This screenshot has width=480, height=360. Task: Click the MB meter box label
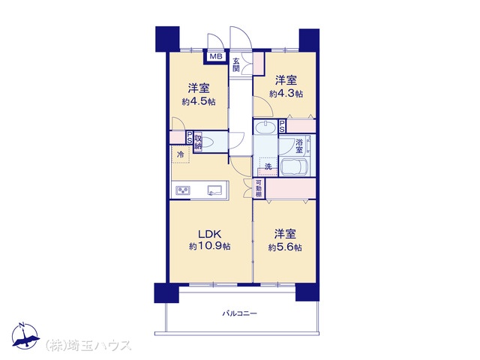(x=216, y=57)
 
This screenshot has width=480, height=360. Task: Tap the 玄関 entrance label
(x=235, y=64)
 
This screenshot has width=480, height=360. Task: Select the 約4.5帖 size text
(x=199, y=102)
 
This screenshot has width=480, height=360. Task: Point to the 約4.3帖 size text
(x=286, y=93)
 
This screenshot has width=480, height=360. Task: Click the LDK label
(x=210, y=234)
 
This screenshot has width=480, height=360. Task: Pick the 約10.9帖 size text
(x=210, y=246)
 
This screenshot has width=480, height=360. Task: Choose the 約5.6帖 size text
(x=285, y=247)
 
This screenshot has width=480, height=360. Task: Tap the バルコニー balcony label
(x=240, y=313)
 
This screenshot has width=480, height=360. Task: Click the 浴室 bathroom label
(x=299, y=146)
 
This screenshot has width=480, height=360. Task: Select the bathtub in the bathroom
(x=295, y=167)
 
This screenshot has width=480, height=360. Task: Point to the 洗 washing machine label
(x=268, y=166)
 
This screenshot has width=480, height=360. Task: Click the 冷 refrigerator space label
(x=181, y=154)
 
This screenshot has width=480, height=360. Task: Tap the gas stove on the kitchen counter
(x=183, y=190)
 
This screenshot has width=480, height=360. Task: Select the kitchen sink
(x=214, y=190)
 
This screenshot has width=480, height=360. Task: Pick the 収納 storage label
(x=198, y=142)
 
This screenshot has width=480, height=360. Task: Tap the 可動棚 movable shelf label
(x=259, y=188)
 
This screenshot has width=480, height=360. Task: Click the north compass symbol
(x=25, y=336)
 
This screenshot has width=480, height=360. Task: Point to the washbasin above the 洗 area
(x=265, y=127)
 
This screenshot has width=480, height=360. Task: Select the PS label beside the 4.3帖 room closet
(x=282, y=125)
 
